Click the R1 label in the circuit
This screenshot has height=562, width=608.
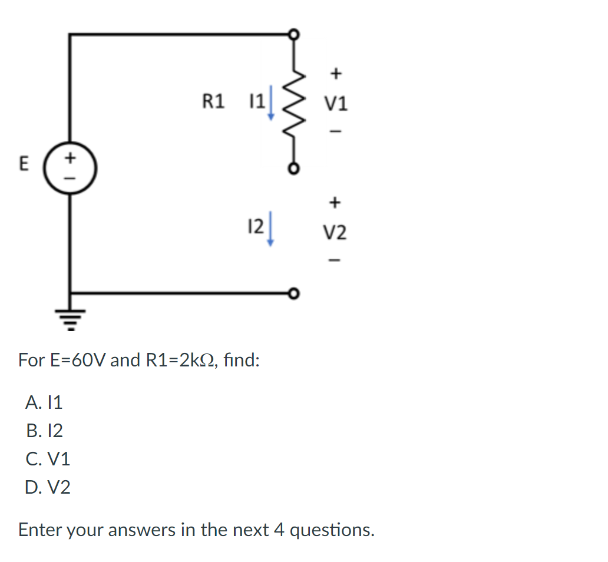tap(213, 102)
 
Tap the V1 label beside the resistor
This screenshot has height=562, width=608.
tap(336, 104)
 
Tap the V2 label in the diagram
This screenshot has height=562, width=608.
tap(335, 233)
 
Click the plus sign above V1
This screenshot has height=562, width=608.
tap(335, 74)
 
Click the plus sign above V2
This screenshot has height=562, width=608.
tap(335, 203)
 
